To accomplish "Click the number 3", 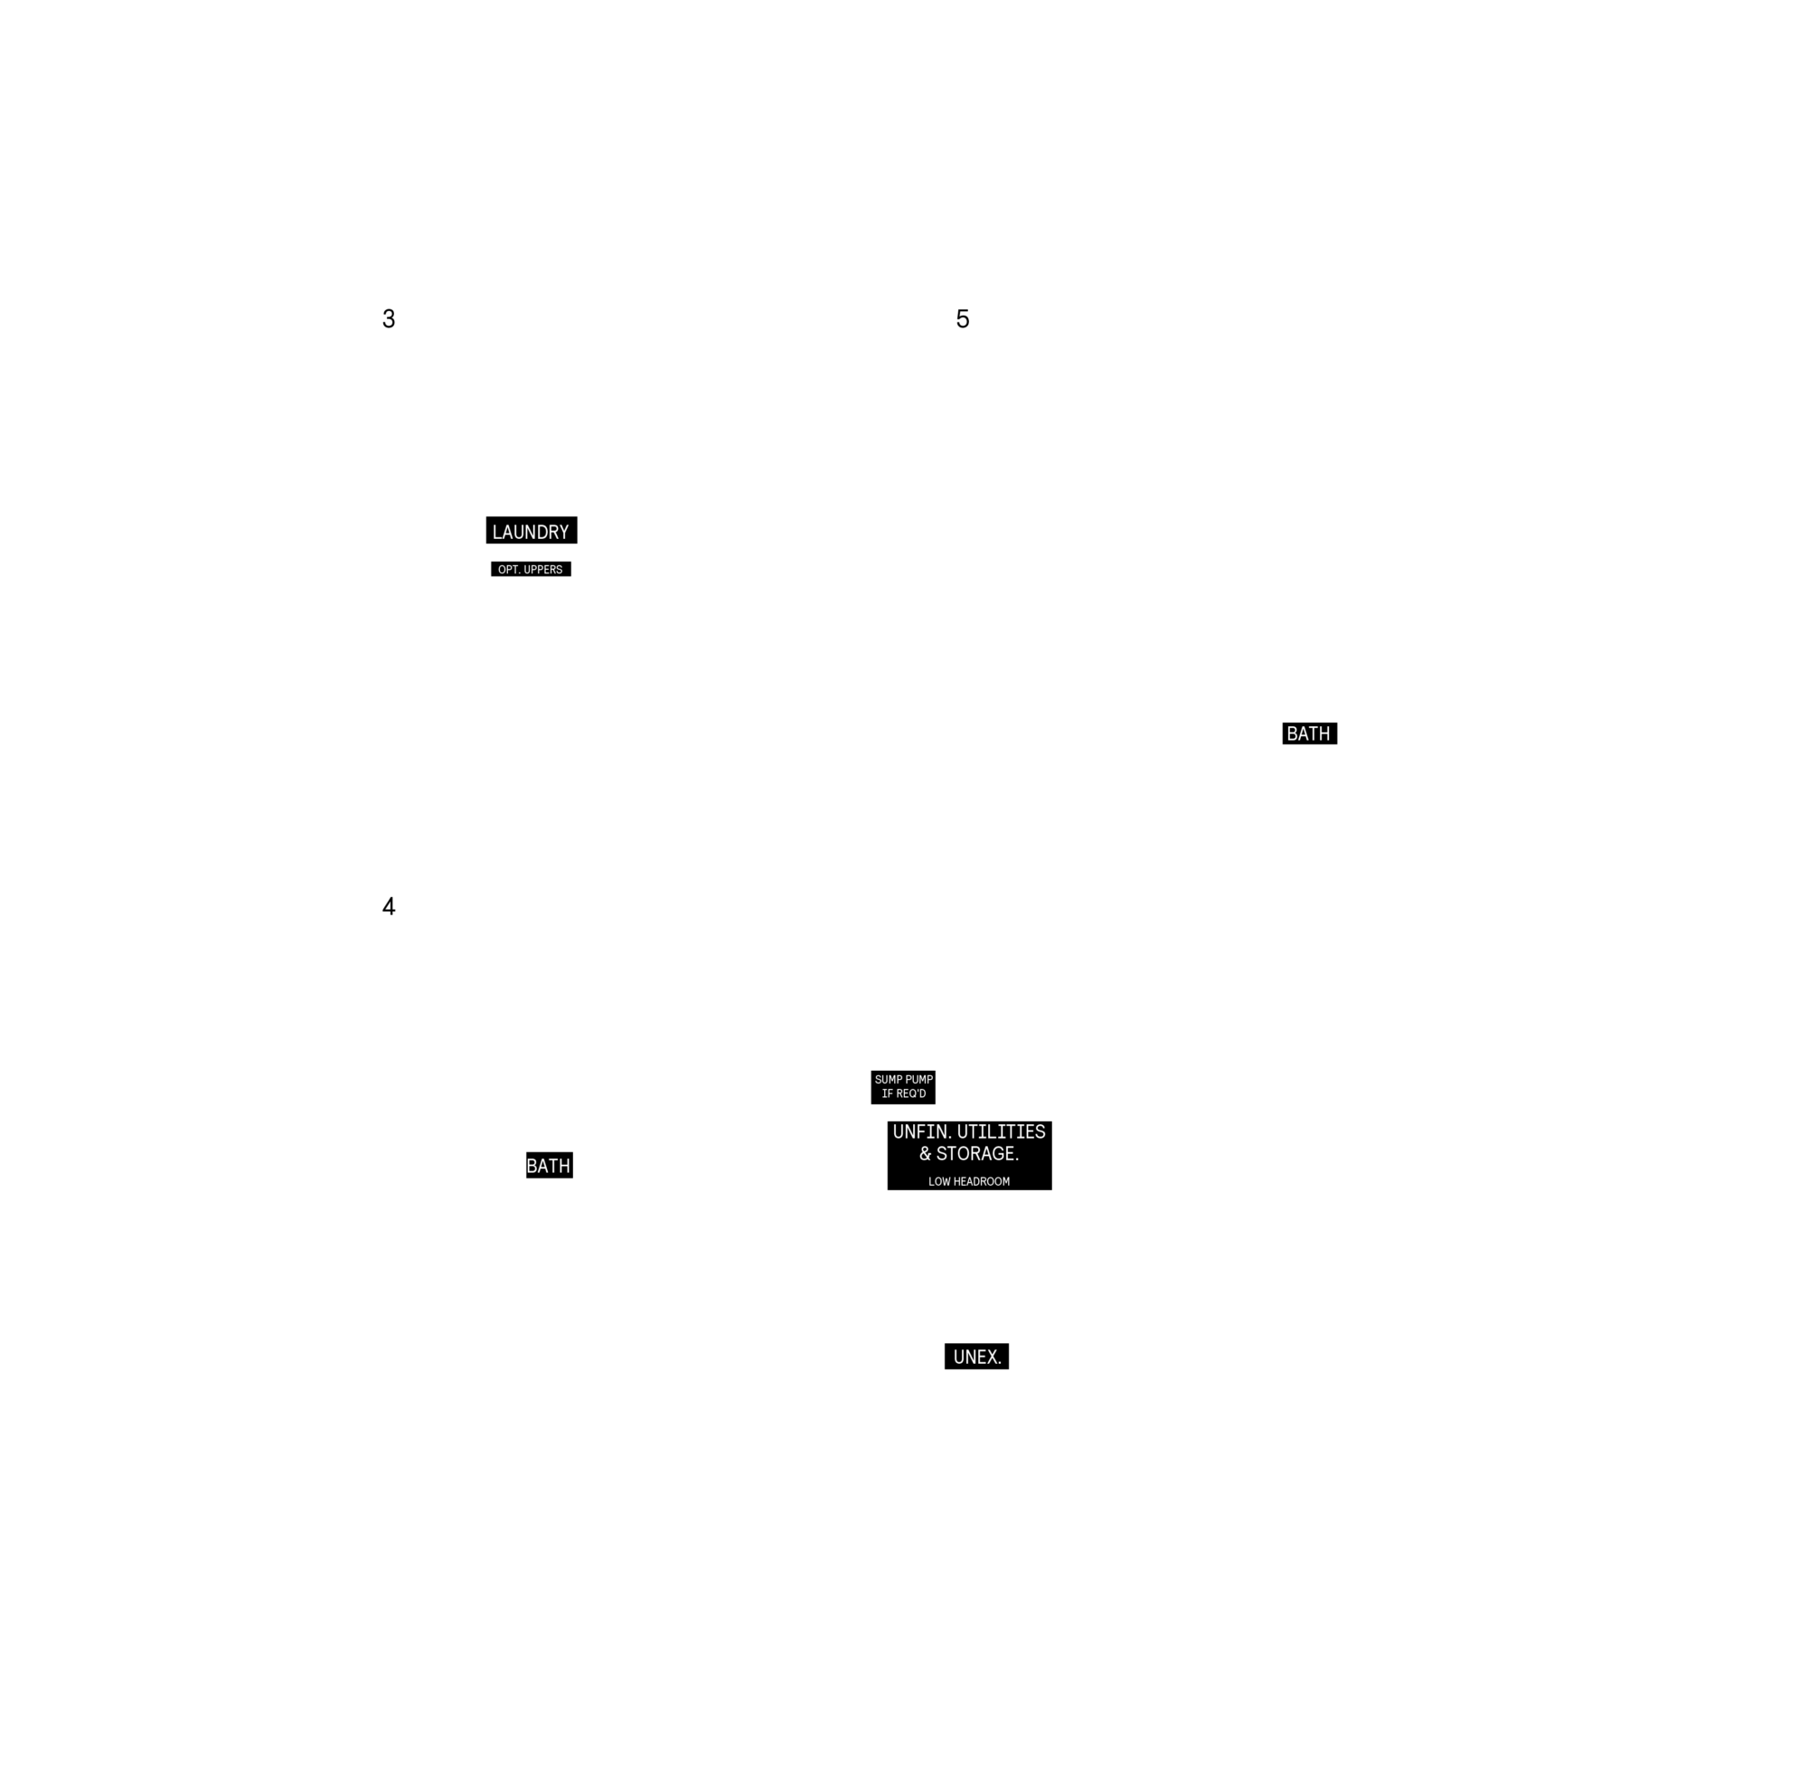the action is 389,319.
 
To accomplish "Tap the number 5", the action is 962,319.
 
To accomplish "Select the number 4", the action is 389,906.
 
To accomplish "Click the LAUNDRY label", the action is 531,532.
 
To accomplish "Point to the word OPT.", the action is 508,569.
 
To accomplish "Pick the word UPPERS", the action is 542,569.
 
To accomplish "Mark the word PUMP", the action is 918,1079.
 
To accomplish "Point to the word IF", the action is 886,1093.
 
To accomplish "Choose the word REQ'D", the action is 910,1093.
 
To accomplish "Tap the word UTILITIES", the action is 1002,1131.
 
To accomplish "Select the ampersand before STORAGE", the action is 926,1153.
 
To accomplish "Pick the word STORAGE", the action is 977,1153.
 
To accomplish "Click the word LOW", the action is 938,1181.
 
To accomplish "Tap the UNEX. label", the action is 977,1357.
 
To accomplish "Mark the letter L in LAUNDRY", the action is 497,532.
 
